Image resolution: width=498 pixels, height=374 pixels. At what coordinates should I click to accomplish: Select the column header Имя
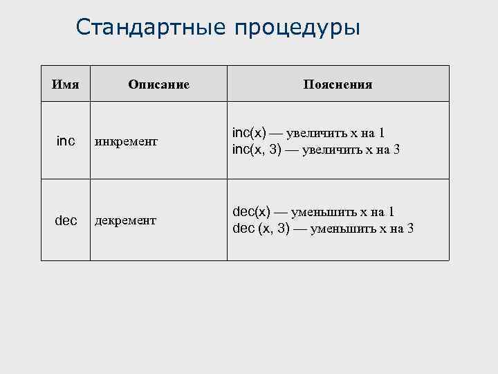(66, 84)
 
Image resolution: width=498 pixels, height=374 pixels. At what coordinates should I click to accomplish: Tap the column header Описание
(158, 84)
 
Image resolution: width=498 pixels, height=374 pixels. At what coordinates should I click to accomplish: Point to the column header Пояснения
(338, 84)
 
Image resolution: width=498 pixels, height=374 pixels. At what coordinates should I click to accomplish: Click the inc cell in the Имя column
(66, 141)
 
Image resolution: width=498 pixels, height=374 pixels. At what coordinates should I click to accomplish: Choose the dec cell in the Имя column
(66, 220)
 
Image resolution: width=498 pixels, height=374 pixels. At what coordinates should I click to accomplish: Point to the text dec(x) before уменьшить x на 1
(250, 212)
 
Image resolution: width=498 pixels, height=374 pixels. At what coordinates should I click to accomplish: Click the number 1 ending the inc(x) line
(382, 134)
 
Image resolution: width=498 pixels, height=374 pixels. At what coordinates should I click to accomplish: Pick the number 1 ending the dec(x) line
(391, 213)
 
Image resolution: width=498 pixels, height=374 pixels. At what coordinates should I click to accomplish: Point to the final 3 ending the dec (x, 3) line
(410, 229)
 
